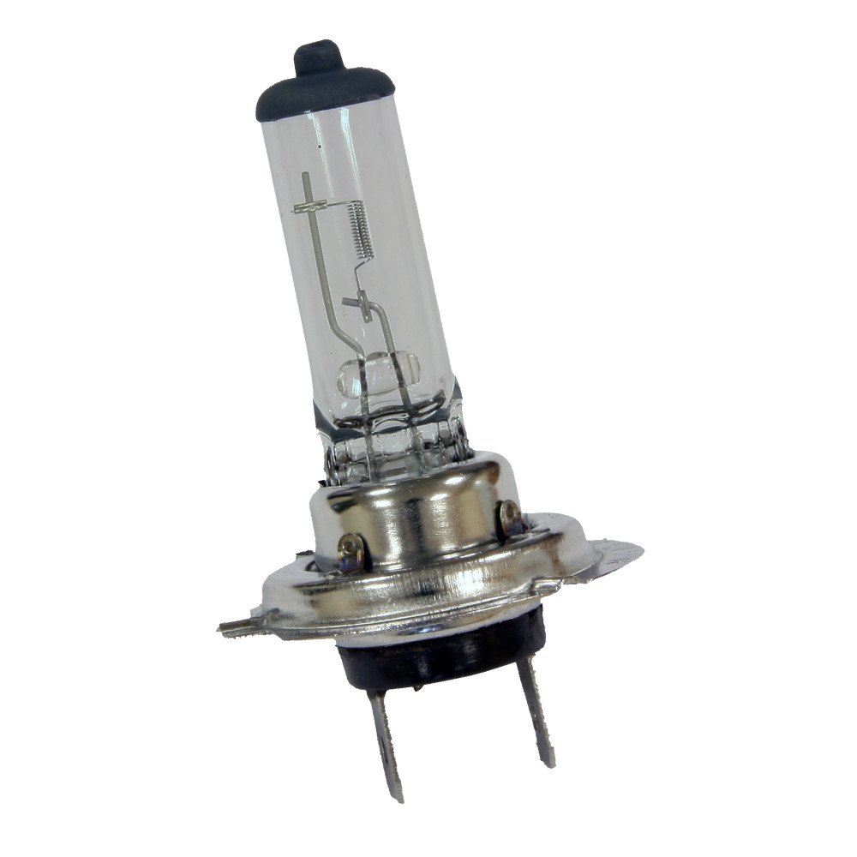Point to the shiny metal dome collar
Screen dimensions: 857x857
tap(420, 514)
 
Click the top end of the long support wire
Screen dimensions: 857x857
tap(303, 177)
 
